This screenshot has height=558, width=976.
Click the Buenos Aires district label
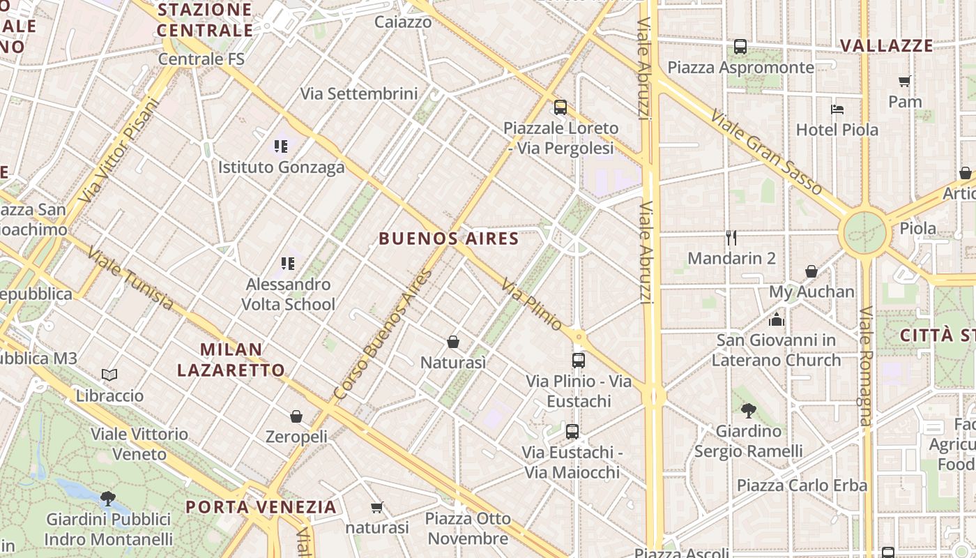click(x=449, y=239)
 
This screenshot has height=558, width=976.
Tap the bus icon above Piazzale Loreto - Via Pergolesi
click(x=561, y=107)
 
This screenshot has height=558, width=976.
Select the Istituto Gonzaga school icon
click(x=281, y=146)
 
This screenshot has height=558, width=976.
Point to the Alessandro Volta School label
click(x=288, y=294)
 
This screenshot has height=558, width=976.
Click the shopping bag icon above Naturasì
click(x=453, y=342)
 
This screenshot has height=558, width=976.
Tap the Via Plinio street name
click(x=532, y=305)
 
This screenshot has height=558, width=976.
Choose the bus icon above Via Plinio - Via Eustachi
click(x=579, y=361)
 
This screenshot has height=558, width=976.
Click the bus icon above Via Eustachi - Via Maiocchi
click(x=572, y=432)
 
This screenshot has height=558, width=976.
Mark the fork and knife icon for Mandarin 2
click(x=731, y=238)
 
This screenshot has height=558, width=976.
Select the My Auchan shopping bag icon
click(x=811, y=271)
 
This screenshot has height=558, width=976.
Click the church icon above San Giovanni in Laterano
click(x=777, y=319)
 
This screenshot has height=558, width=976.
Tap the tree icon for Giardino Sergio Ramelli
click(x=749, y=410)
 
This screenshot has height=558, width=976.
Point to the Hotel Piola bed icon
click(x=837, y=109)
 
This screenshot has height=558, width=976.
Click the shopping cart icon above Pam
click(x=905, y=81)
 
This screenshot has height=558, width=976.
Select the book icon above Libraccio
click(x=109, y=375)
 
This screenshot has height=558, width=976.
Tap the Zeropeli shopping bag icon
click(x=296, y=416)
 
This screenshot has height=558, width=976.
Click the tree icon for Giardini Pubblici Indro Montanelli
click(x=108, y=498)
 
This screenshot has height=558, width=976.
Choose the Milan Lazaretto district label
click(x=231, y=359)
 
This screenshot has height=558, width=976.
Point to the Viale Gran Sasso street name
click(x=766, y=152)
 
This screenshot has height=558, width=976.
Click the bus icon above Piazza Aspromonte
click(x=740, y=47)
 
